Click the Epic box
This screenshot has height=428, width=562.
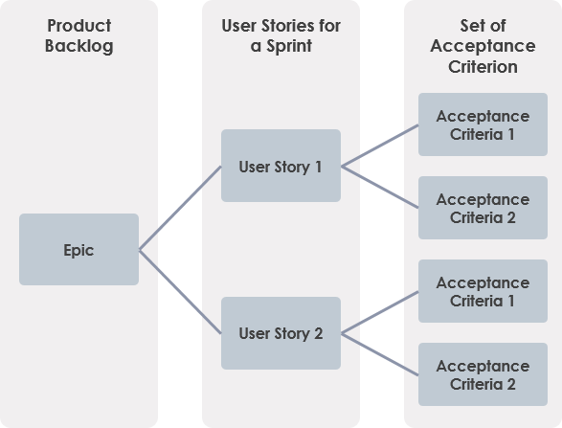[79, 250]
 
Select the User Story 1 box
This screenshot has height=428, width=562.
[281, 166]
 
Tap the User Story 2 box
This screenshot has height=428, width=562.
[281, 333]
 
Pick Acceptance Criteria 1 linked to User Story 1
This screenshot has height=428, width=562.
[483, 124]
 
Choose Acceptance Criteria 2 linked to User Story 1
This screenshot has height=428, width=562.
[483, 208]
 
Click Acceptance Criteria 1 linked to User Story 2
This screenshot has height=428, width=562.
[483, 291]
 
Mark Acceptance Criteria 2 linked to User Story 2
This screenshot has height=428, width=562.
[483, 374]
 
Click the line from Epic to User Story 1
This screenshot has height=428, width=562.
[180, 208]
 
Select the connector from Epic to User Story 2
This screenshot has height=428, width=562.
[180, 292]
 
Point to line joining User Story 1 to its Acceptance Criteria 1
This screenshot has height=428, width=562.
[380, 145]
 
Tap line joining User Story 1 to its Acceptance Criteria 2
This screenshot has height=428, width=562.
[380, 187]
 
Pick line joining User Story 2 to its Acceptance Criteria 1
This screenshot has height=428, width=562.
[380, 312]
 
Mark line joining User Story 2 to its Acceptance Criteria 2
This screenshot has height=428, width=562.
[380, 354]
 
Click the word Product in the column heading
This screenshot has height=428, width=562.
[79, 25]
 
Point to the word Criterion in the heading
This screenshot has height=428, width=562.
[483, 66]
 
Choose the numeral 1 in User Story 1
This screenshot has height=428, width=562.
[317, 167]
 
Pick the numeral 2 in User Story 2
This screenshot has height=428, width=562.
[317, 334]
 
